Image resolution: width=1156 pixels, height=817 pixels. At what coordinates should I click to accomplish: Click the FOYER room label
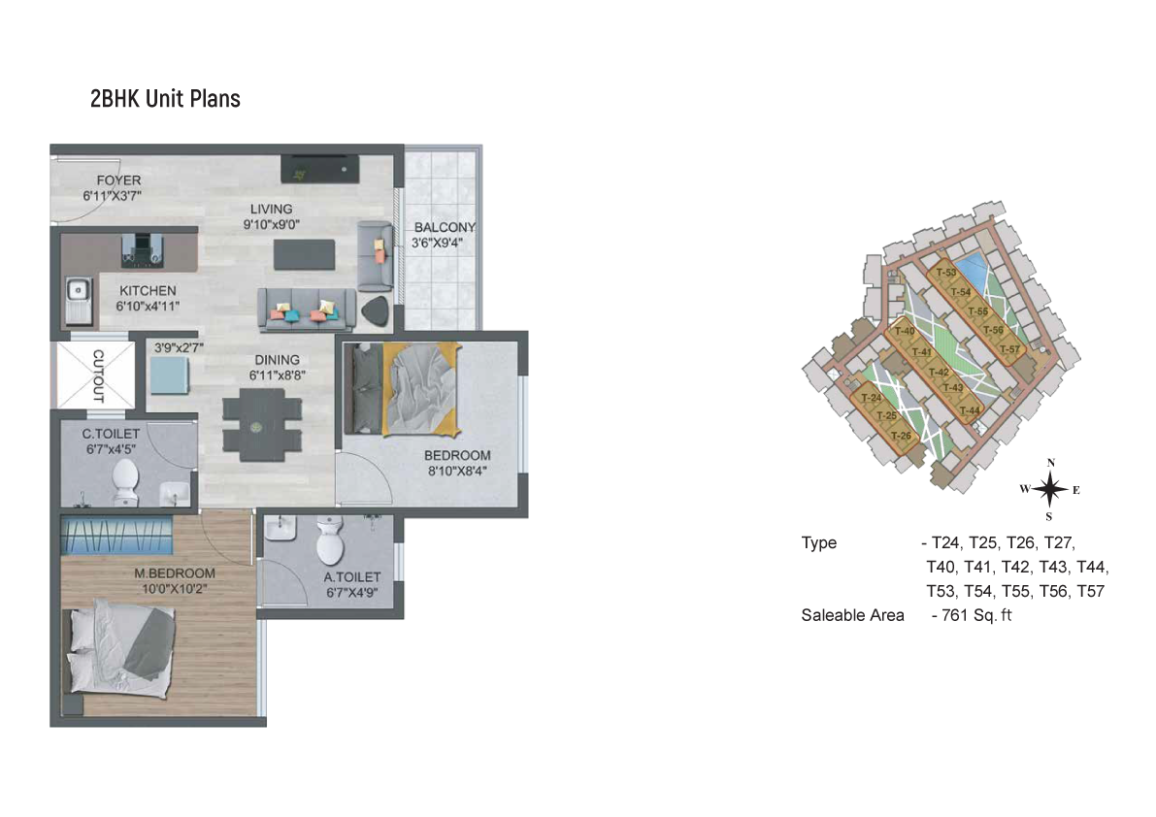(118, 180)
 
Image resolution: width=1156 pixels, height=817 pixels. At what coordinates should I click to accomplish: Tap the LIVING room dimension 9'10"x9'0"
(272, 225)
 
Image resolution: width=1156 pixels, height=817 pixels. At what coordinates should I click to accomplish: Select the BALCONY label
(445, 227)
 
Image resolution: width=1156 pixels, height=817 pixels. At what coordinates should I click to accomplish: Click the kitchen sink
(78, 300)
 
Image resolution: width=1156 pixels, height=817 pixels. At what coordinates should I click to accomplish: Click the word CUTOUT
(97, 376)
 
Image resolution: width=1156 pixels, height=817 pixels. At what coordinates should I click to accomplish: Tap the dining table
(262, 426)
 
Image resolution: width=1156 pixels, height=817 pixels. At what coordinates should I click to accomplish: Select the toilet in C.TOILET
(125, 482)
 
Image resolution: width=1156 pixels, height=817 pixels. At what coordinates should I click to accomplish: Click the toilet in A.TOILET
(330, 539)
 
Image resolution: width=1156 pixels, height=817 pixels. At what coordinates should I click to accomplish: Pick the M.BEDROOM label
(175, 573)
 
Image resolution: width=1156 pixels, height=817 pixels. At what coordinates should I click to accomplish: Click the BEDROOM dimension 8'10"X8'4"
(457, 472)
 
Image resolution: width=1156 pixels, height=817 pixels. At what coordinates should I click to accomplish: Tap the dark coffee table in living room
(305, 255)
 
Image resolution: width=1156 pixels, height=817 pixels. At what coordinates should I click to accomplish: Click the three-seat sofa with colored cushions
(307, 310)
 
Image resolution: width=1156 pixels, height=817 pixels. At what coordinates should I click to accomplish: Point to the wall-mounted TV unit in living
(320, 169)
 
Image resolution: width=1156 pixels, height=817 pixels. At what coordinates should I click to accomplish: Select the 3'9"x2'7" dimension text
(179, 347)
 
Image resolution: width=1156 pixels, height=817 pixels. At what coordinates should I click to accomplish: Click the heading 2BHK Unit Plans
(165, 99)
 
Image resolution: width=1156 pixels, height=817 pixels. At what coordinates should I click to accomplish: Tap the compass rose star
(1050, 489)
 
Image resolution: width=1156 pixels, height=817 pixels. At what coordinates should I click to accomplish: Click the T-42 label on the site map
(939, 372)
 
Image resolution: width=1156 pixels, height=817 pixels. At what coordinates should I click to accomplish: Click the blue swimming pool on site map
(971, 270)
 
